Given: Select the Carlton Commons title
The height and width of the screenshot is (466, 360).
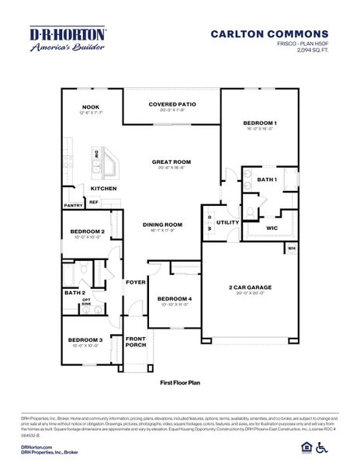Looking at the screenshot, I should pyautogui.click(x=269, y=34).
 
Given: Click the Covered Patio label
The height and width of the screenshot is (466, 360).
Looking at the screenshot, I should pyautogui.click(x=171, y=103).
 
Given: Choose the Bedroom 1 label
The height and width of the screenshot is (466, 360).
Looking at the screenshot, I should pyautogui.click(x=260, y=123).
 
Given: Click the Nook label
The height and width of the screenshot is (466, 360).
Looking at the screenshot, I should pyautogui.click(x=91, y=108).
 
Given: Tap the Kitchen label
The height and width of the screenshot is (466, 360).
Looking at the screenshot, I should pyautogui.click(x=103, y=189).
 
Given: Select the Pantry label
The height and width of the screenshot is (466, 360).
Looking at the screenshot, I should pyautogui.click(x=73, y=206).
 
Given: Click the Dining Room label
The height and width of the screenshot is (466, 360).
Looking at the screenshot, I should pyautogui.click(x=162, y=225).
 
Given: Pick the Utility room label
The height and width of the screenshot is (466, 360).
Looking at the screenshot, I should pyautogui.click(x=227, y=222).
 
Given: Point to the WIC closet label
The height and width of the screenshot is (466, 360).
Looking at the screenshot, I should pyautogui.click(x=272, y=228).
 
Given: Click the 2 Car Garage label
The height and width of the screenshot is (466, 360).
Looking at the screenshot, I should pyautogui.click(x=250, y=287).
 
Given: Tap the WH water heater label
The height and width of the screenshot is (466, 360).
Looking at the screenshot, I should pyautogui.click(x=292, y=249).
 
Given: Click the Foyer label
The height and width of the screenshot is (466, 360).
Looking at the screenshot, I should pyautogui.click(x=136, y=282).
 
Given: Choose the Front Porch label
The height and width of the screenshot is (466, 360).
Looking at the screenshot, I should pyautogui.click(x=136, y=342).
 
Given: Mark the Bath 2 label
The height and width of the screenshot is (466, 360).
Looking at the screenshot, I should pyautogui.click(x=74, y=293).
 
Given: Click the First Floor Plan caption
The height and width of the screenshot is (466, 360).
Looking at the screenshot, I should pyautogui.click(x=180, y=383).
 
